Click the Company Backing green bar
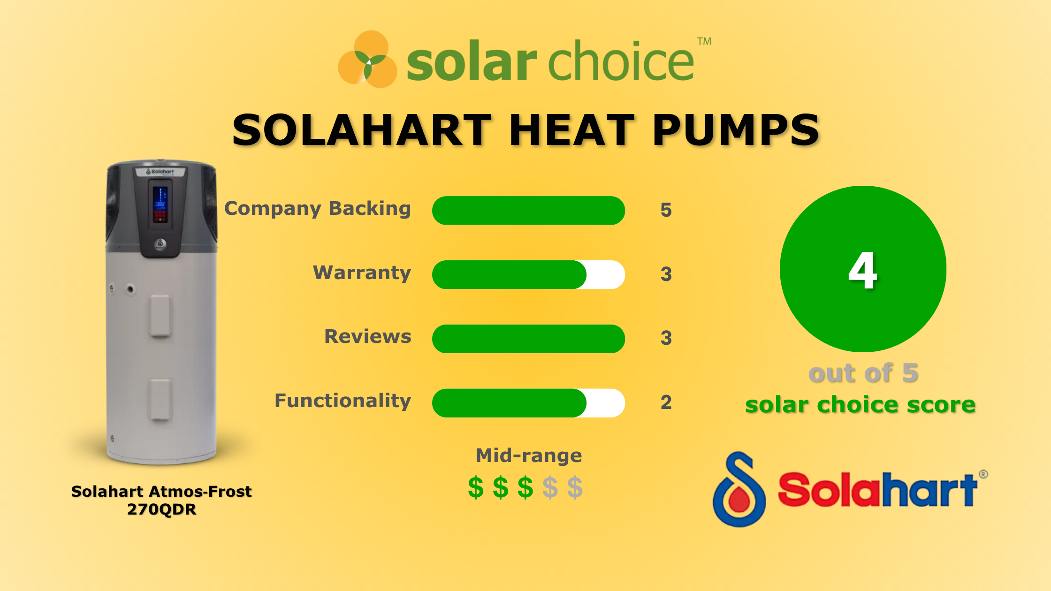click(x=528, y=211)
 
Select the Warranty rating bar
click(x=528, y=275)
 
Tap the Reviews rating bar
click(x=528, y=339)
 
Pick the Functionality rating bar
click(x=528, y=403)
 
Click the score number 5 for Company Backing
click(x=666, y=210)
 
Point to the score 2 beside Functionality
click(x=666, y=402)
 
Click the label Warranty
click(x=362, y=273)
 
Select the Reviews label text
click(x=367, y=337)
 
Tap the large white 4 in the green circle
click(x=862, y=270)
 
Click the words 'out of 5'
click(x=863, y=373)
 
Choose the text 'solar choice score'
click(x=860, y=405)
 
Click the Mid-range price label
click(x=529, y=455)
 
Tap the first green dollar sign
click(x=475, y=488)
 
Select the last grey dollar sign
click(x=575, y=488)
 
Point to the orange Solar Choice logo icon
click(x=367, y=60)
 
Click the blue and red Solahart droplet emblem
click(x=739, y=490)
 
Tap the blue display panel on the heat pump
click(x=160, y=205)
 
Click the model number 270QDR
click(x=161, y=509)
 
